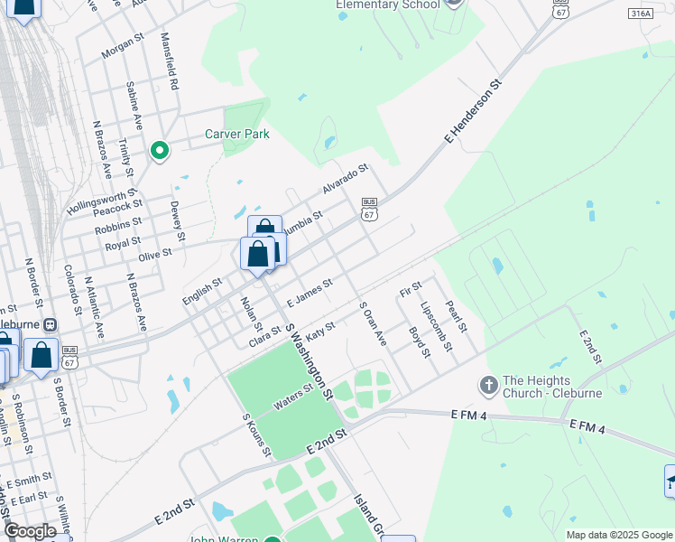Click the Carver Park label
[237, 134]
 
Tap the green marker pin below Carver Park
[160, 150]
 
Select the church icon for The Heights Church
[488, 386]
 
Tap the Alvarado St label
[347, 178]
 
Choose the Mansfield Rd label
[169, 61]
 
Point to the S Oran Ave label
[373, 323]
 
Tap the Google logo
[30, 531]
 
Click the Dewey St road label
[177, 221]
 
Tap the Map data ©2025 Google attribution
[620, 535]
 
